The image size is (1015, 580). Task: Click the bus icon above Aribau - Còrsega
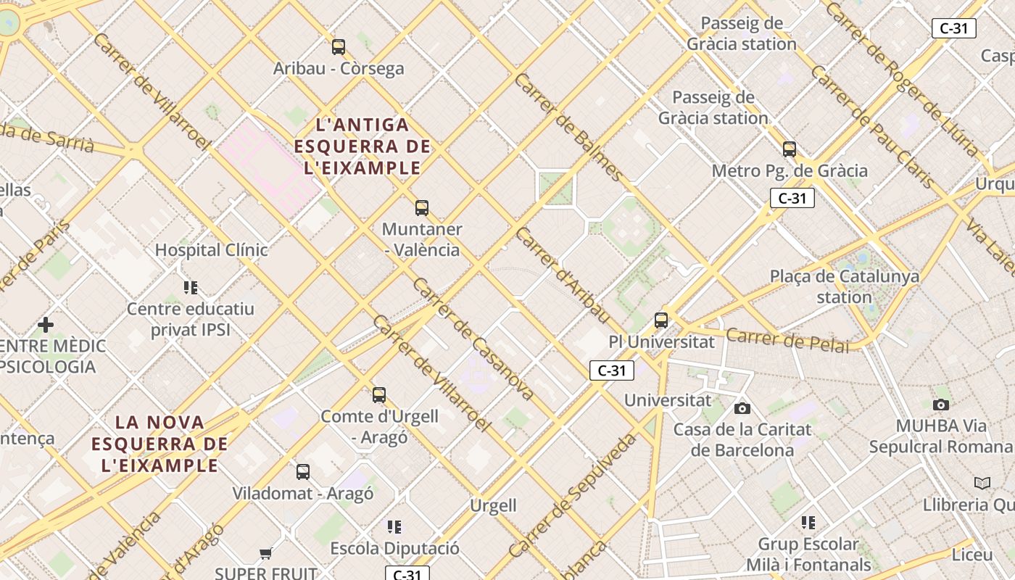339,47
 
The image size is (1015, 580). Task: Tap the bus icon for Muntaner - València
422,208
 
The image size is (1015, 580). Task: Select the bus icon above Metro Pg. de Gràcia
790,149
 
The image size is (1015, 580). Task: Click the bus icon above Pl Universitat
661,320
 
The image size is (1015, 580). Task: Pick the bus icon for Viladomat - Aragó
303,472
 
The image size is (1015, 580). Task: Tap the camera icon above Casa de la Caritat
742,408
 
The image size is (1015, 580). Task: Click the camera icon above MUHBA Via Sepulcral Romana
941,405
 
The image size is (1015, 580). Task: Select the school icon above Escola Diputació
394,526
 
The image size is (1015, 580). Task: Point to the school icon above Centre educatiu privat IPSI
191,288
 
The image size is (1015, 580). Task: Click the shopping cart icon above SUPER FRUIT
266,553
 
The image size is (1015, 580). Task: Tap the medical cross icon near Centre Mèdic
46,324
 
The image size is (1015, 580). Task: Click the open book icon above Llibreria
982,483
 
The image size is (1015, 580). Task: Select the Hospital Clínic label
211,250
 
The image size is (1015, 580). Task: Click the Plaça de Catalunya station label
845,286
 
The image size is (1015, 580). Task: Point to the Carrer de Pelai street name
787,340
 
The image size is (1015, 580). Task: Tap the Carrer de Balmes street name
568,127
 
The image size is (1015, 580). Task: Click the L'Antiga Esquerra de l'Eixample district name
362,146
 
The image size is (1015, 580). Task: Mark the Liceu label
971,555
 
